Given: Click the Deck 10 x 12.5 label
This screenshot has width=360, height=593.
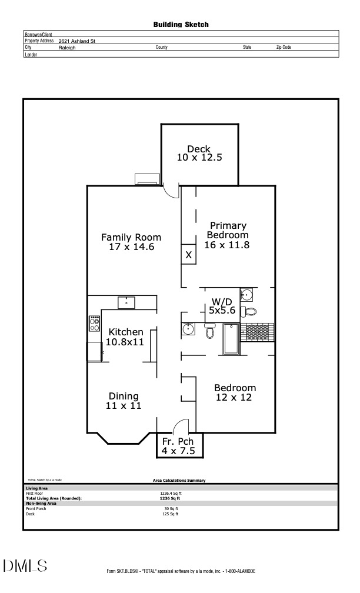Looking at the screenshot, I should (x=199, y=154).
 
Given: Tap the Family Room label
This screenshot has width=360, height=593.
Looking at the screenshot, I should (x=131, y=242).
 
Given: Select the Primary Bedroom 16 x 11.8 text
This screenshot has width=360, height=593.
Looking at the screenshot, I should (x=228, y=235).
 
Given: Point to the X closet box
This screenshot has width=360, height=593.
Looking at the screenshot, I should (x=188, y=255).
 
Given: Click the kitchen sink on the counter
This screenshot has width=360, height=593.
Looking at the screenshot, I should (x=126, y=302).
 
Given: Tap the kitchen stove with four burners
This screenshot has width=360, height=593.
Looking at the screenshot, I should (x=94, y=323).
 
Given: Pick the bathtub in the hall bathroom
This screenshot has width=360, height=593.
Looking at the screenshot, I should (x=231, y=339).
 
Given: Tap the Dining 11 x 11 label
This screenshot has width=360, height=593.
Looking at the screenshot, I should (x=124, y=401).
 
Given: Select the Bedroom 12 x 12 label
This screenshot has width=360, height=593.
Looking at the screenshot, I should (x=235, y=392).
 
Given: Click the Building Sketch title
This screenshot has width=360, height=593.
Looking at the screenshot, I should (x=181, y=25).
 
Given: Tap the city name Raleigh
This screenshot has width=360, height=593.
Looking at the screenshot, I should (x=67, y=48).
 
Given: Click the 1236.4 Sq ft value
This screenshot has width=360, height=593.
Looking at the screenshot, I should (x=171, y=493).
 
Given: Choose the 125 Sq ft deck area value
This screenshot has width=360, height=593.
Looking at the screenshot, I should (x=170, y=514).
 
